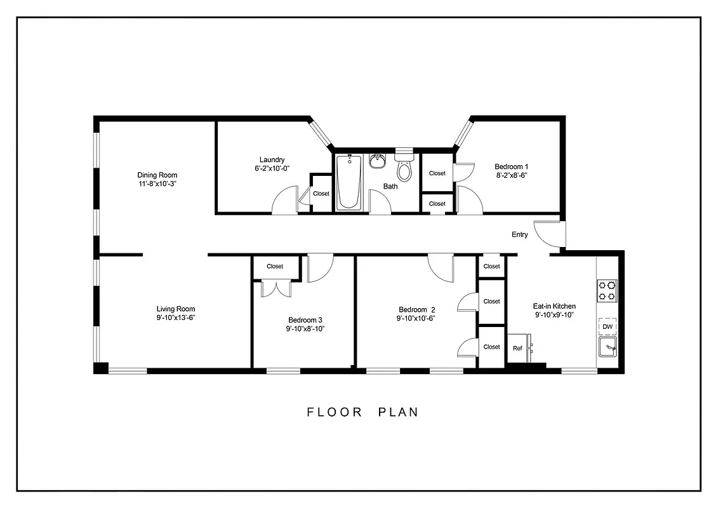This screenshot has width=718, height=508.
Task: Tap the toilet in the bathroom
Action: (404, 169)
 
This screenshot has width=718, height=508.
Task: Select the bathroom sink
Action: (378, 161)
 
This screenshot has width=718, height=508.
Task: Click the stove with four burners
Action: (607, 290)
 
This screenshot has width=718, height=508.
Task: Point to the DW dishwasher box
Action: (608, 327)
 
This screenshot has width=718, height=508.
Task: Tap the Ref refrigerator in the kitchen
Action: (518, 349)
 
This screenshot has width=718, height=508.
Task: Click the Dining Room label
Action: (157, 175)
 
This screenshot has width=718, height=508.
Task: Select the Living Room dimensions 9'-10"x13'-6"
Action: (176, 318)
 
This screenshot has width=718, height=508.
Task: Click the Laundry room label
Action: (272, 160)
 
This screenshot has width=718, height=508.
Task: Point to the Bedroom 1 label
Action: (512, 167)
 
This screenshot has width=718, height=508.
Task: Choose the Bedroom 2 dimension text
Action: (416, 319)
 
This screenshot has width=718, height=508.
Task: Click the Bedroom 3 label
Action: (305, 320)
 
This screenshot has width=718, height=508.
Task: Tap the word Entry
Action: (519, 235)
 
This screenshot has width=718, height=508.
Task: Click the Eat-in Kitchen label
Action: (554, 306)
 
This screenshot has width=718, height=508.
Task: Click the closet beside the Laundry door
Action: (321, 194)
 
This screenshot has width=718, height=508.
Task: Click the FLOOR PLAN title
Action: (362, 412)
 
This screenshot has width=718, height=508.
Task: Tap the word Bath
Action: (390, 187)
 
